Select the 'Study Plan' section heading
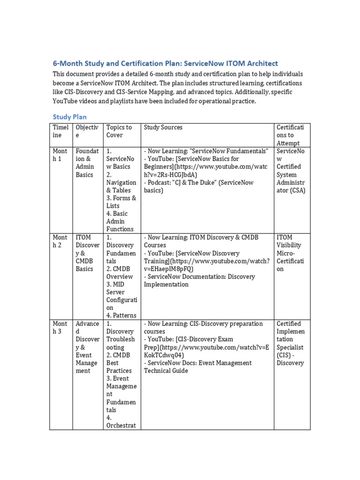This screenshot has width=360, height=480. click(x=69, y=117)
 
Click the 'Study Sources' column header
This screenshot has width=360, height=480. click(x=163, y=127)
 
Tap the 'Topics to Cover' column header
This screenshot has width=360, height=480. click(x=119, y=131)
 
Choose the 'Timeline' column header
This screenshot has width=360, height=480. click(x=60, y=131)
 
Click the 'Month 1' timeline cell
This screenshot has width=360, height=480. click(x=60, y=155)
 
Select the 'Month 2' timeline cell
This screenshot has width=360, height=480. click(x=60, y=241)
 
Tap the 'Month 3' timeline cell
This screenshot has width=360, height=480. click(x=60, y=328)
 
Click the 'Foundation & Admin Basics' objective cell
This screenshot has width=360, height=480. click(x=87, y=163)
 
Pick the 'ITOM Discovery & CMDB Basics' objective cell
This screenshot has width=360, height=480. click(x=87, y=253)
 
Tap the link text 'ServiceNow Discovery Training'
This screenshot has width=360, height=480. click(x=205, y=253)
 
